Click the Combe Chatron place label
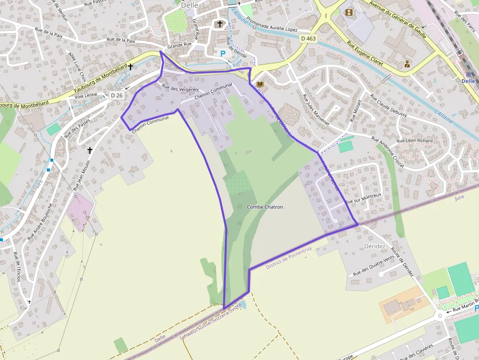[x=265, y=207]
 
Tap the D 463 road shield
[x=308, y=39]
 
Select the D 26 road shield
[x=116, y=95]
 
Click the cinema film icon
[x=348, y=12]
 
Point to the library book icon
[x=260, y=85]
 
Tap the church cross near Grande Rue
[x=220, y=23]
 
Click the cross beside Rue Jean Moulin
[x=90, y=150]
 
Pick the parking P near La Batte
[x=223, y=53]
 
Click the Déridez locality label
[x=375, y=246]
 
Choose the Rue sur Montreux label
[x=363, y=198]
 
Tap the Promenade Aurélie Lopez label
[x=272, y=24]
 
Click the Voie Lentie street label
[x=86, y=95]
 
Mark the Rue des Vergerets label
[x=180, y=88]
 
